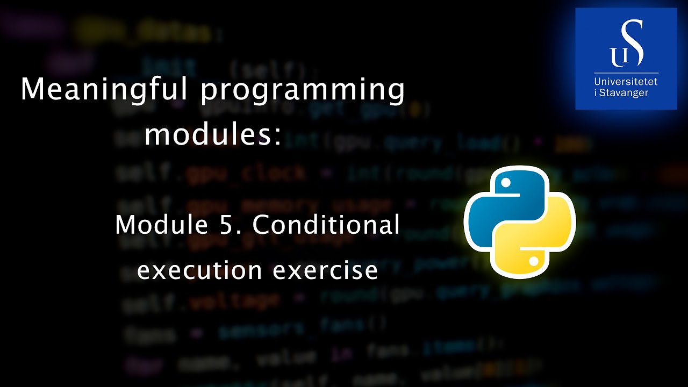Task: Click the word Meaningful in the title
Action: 104,89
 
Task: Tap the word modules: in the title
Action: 213,134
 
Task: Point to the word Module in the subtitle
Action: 161,225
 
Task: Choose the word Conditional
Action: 326,225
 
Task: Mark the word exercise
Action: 325,270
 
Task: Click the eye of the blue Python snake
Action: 505,183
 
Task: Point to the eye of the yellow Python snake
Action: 534,261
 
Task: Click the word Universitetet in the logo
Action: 626,82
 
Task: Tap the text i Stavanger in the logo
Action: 621,92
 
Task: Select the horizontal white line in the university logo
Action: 626,73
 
